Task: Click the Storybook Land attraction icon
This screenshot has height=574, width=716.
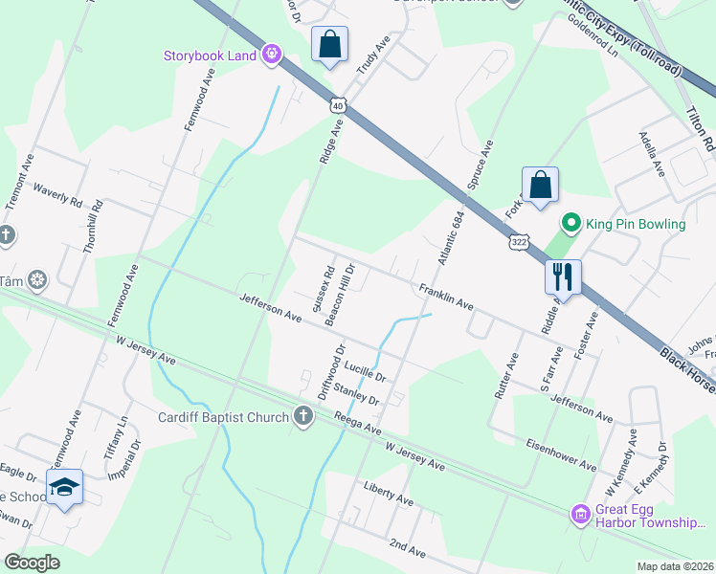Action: pyautogui.click(x=273, y=55)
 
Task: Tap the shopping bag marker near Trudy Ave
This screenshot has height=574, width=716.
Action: pyautogui.click(x=329, y=44)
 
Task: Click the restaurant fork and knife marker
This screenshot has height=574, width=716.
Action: pyautogui.click(x=563, y=276)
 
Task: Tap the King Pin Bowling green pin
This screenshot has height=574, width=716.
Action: pyautogui.click(x=571, y=224)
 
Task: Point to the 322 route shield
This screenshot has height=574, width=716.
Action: pyautogui.click(x=518, y=243)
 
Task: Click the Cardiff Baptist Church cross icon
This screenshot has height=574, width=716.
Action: pyautogui.click(x=302, y=415)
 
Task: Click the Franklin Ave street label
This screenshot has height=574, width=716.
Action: pyautogui.click(x=445, y=297)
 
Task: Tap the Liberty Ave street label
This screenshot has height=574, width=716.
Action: pyautogui.click(x=388, y=500)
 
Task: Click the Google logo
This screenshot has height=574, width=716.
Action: pyautogui.click(x=33, y=563)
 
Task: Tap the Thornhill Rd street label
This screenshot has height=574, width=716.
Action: pyautogui.click(x=93, y=232)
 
